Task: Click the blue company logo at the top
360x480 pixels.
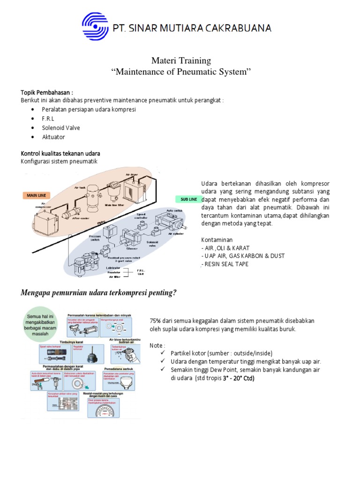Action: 95,27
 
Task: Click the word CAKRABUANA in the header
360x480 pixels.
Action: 243,28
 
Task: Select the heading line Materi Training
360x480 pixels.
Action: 181,60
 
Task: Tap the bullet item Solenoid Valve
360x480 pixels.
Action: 60,128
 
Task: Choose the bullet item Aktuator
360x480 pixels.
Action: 53,137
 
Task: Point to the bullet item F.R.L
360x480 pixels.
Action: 48,119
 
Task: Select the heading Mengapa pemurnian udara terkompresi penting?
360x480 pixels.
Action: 99,293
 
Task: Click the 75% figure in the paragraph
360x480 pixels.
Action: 156,321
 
